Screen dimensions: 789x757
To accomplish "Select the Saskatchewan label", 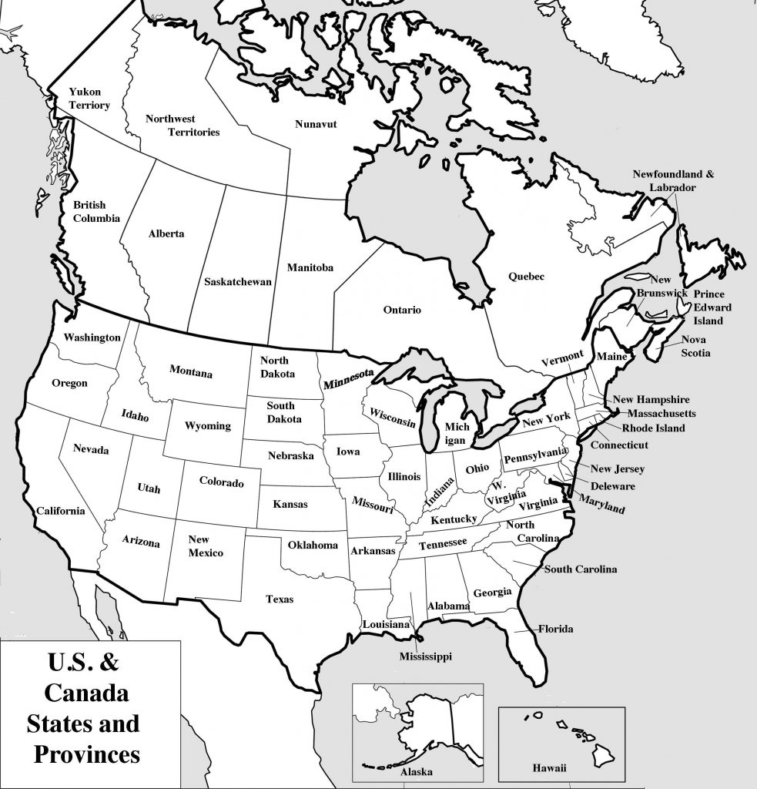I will (x=238, y=282).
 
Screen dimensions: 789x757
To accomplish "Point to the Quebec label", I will (x=526, y=276).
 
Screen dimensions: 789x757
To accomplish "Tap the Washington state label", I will (x=92, y=337).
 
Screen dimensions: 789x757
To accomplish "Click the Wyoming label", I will (x=207, y=425).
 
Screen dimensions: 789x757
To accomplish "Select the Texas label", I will (x=280, y=599).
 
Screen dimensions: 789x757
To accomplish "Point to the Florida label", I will (x=555, y=629).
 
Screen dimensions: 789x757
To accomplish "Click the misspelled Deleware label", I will (x=612, y=486).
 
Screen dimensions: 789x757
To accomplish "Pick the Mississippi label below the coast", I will (x=425, y=656).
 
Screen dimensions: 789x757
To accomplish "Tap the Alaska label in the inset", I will (x=417, y=771).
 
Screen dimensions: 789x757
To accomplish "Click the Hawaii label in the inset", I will (x=549, y=768).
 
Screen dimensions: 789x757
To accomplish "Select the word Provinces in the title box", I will (x=87, y=752).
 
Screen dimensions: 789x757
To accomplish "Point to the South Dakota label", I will (x=281, y=412).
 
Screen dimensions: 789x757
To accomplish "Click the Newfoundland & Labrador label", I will (x=673, y=180).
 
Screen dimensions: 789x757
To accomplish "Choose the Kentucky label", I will (x=454, y=520).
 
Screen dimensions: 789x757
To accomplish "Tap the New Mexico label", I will (x=206, y=546).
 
